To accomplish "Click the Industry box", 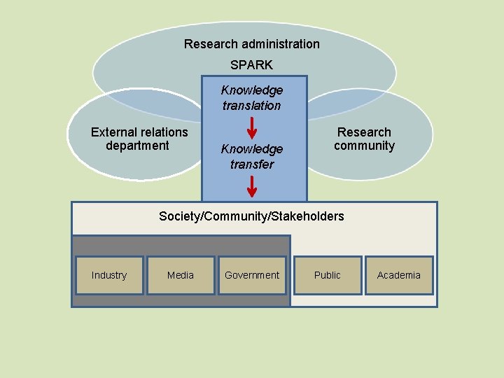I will [109, 275].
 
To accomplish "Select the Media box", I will [181, 275].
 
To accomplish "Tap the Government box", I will [252, 275].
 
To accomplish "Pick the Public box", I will [328, 275].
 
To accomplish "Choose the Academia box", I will [399, 275].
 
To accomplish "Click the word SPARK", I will [252, 64].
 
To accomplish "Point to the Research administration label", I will [252, 44].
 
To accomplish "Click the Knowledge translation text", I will [252, 98].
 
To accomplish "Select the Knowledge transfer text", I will [252, 157].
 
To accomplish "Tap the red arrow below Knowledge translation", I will [252, 129].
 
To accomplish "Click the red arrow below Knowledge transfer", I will [252, 187].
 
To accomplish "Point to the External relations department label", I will [139, 139].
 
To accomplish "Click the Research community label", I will [364, 139].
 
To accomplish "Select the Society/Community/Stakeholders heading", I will [252, 216].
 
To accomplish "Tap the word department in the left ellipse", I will [137, 146].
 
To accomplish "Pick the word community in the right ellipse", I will [364, 146].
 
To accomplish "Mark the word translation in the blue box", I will [252, 106].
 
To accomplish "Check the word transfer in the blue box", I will [252, 164].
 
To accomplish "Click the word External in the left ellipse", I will [111, 132].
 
